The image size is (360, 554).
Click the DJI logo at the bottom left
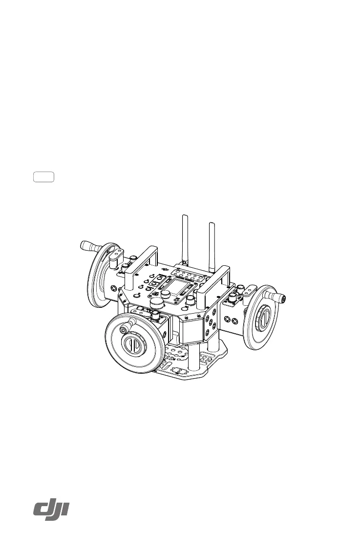click(x=51, y=511)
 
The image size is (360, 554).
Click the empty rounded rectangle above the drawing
click(x=44, y=177)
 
